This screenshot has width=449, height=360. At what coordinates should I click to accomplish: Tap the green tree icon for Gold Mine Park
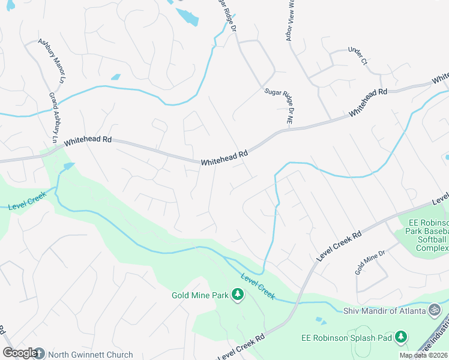238,295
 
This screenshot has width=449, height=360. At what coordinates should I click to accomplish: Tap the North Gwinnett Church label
90,355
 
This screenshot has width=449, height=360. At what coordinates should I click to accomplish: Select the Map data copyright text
423,355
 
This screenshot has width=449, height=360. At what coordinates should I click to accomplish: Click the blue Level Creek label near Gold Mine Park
258,286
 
